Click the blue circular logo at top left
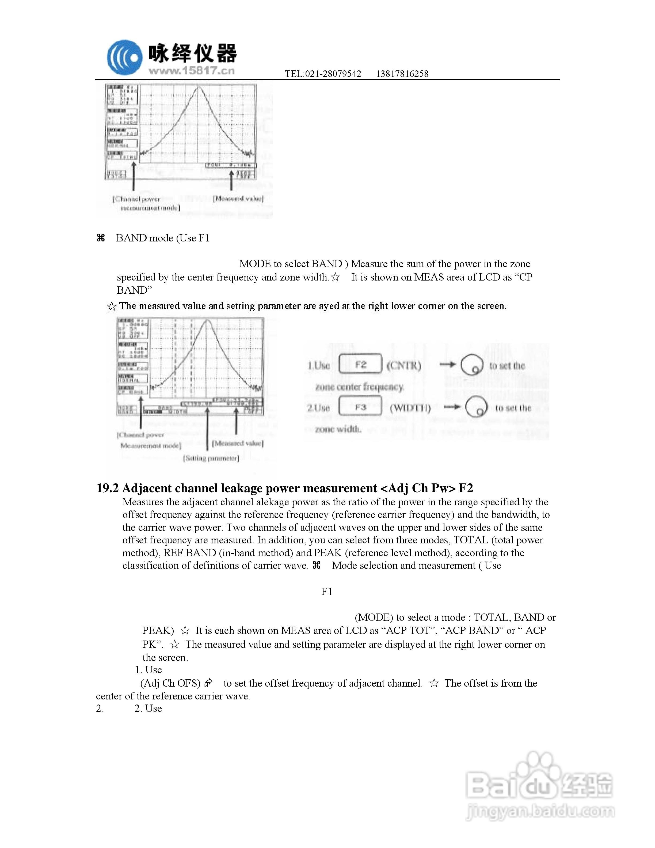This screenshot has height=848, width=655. (x=124, y=58)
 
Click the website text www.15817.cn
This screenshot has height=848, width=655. (x=192, y=71)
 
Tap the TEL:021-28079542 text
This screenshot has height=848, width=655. (x=323, y=74)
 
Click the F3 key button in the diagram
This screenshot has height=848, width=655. (x=360, y=407)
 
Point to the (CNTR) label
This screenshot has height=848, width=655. (x=403, y=365)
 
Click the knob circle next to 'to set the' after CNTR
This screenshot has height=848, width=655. (x=472, y=365)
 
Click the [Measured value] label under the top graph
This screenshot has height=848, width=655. (x=238, y=199)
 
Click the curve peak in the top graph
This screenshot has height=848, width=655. (x=199, y=87)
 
